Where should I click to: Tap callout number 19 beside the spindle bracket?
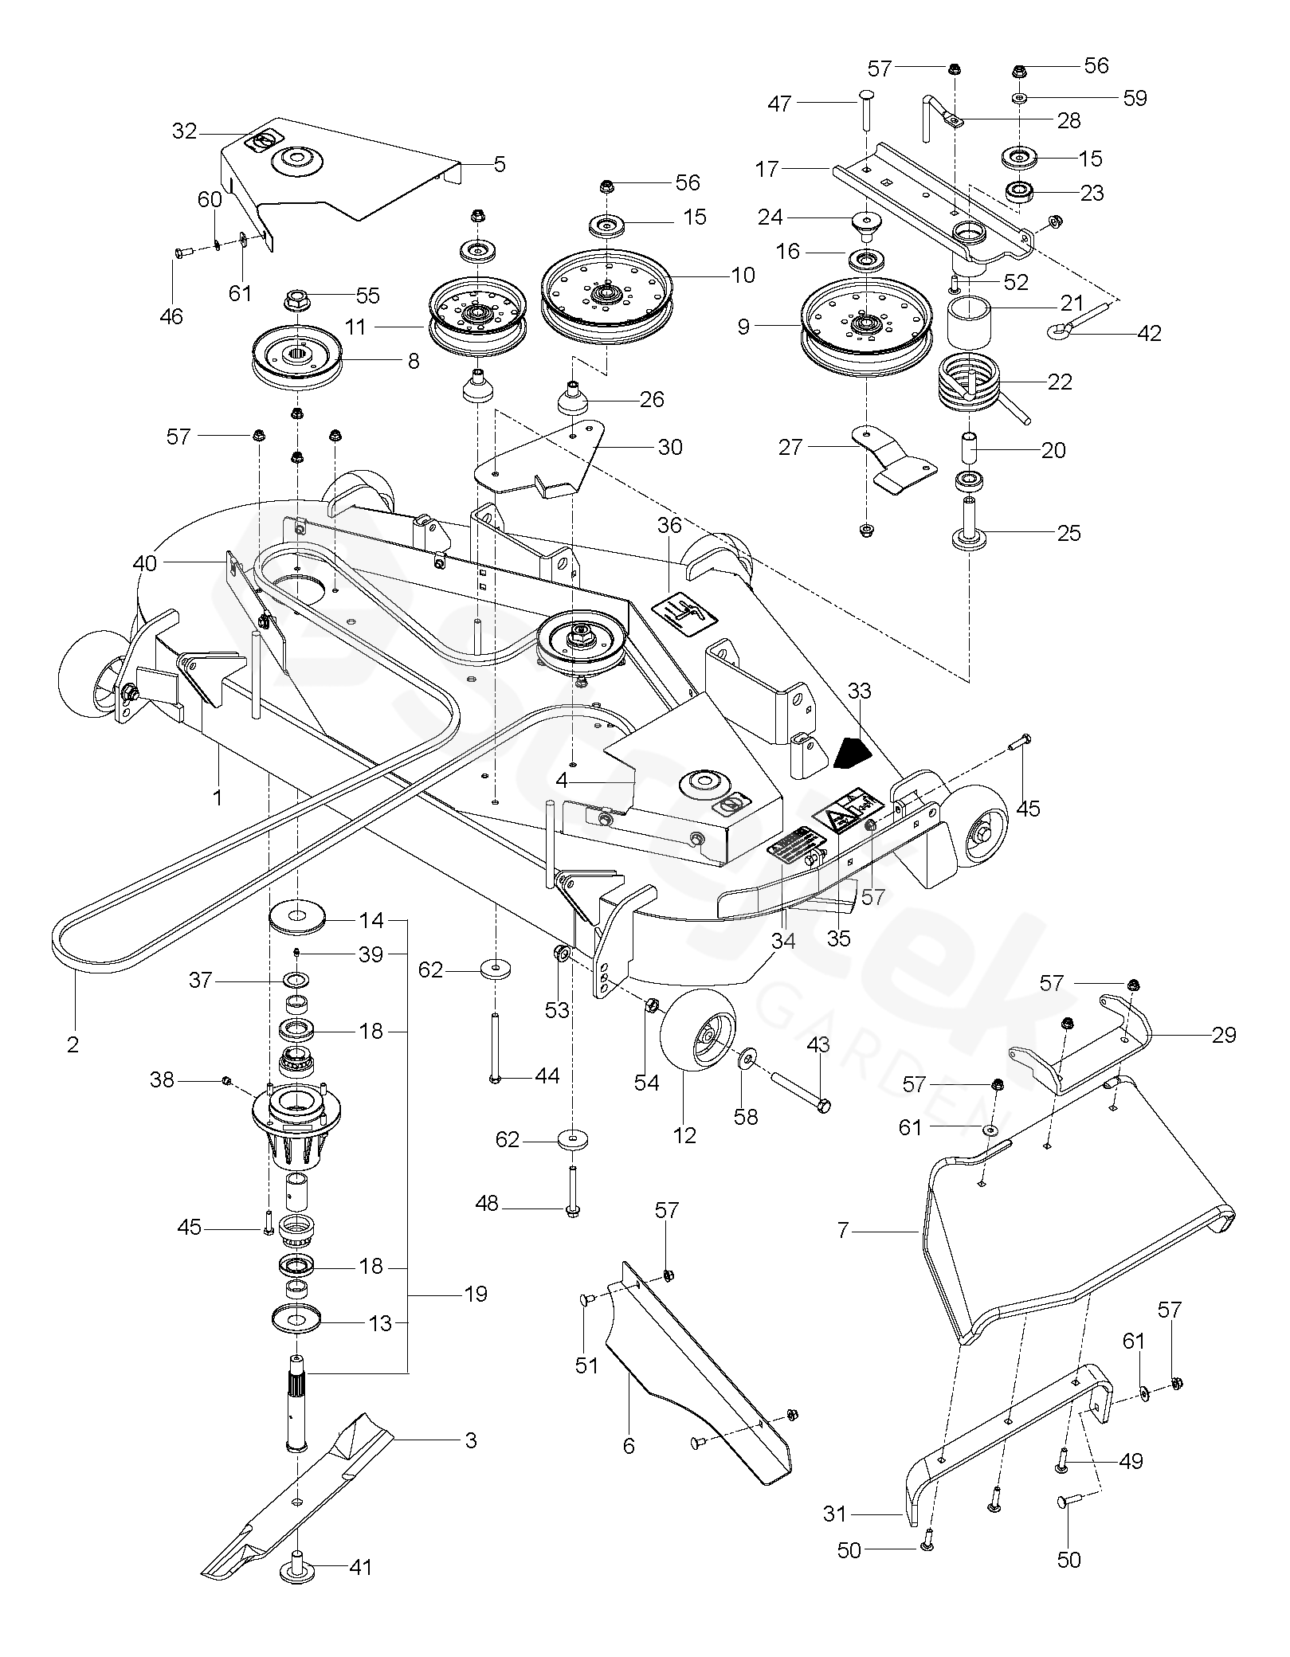(475, 1294)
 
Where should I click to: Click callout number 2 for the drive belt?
(73, 1044)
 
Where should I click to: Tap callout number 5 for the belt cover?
(500, 165)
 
